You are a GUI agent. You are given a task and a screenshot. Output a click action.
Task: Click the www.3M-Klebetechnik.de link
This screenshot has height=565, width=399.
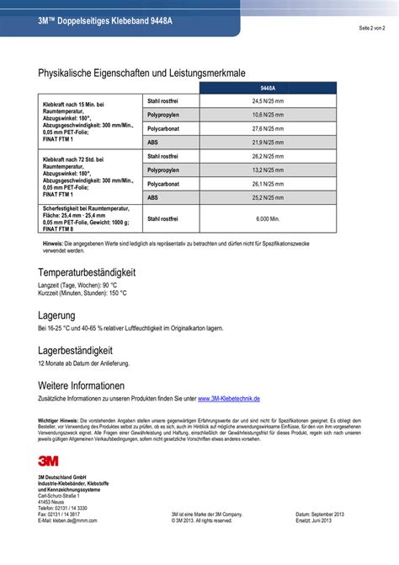click(x=229, y=398)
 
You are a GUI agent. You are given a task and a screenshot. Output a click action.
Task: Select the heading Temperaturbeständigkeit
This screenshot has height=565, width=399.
click(x=87, y=273)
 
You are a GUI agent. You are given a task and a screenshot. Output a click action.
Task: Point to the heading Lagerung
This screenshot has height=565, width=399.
click(x=57, y=313)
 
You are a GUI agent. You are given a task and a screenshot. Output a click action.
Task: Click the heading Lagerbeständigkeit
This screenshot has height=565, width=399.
click(x=76, y=349)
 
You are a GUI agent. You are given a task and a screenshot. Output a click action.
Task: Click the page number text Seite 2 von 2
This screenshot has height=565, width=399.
click(x=370, y=28)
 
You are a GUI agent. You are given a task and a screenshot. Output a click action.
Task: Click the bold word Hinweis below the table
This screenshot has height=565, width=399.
click(x=52, y=243)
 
